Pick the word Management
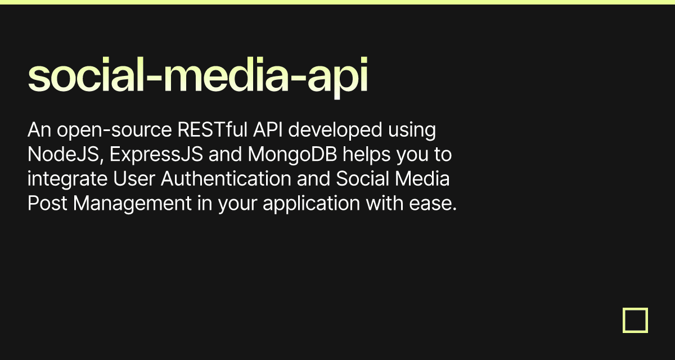[132, 203]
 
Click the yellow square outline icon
[635, 320]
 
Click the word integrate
[67, 179]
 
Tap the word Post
[47, 203]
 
